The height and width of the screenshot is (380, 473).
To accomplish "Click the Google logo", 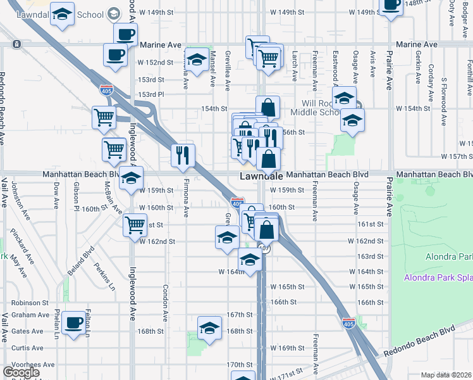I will (21, 372).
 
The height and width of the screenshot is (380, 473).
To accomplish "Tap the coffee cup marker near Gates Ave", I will (74, 323).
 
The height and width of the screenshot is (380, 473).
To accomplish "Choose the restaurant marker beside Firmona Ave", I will (183, 155).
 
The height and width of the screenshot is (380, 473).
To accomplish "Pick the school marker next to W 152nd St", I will (197, 60).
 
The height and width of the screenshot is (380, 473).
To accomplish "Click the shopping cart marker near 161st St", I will (135, 224).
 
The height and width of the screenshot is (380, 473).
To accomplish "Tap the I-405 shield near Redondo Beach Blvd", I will (348, 323).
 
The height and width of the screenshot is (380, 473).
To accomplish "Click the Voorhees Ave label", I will (25, 365).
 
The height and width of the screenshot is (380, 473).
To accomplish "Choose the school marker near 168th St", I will (209, 328).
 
